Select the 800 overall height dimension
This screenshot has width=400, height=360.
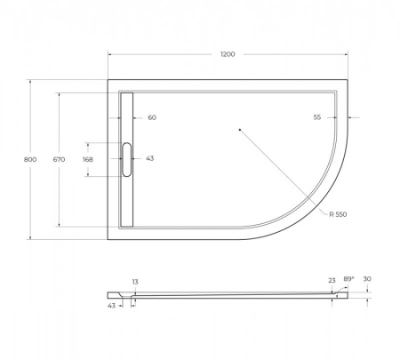[30, 159]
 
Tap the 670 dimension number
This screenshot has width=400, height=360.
[59, 159]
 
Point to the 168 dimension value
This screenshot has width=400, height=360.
[87, 159]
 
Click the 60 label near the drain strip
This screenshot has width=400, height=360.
[151, 117]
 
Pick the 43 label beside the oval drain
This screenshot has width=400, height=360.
[149, 159]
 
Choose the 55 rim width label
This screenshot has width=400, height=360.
[317, 117]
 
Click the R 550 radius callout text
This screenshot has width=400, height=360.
[338, 214]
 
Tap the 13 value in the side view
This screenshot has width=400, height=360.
[135, 282]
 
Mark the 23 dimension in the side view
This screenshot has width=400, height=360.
[331, 280]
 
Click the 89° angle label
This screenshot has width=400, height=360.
[348, 279]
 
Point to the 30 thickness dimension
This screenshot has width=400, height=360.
[367, 279]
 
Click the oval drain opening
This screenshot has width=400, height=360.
[126, 158]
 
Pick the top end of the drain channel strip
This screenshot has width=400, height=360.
[126, 93]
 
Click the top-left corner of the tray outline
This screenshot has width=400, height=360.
[108, 81]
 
